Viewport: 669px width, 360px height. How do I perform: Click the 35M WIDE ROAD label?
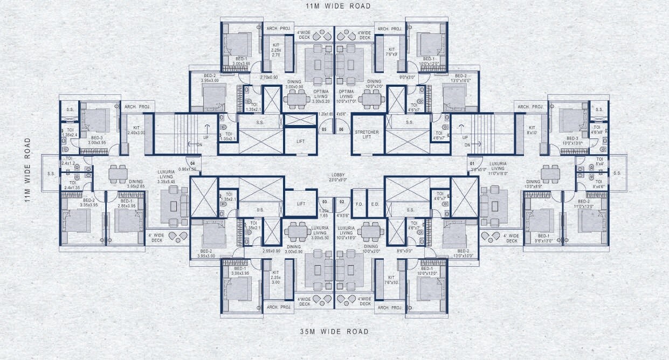pos(334,331)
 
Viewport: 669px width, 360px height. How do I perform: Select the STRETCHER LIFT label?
pos(367,135)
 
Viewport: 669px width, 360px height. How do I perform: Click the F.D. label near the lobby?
pos(359,204)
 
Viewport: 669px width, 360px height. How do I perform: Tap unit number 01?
pos(472,163)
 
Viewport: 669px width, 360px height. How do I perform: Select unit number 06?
pos(341,130)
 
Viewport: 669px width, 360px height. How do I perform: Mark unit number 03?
pos(325,202)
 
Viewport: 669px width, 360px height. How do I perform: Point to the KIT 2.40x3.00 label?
pos(136,129)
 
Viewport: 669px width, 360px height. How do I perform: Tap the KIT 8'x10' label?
pos(532,129)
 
